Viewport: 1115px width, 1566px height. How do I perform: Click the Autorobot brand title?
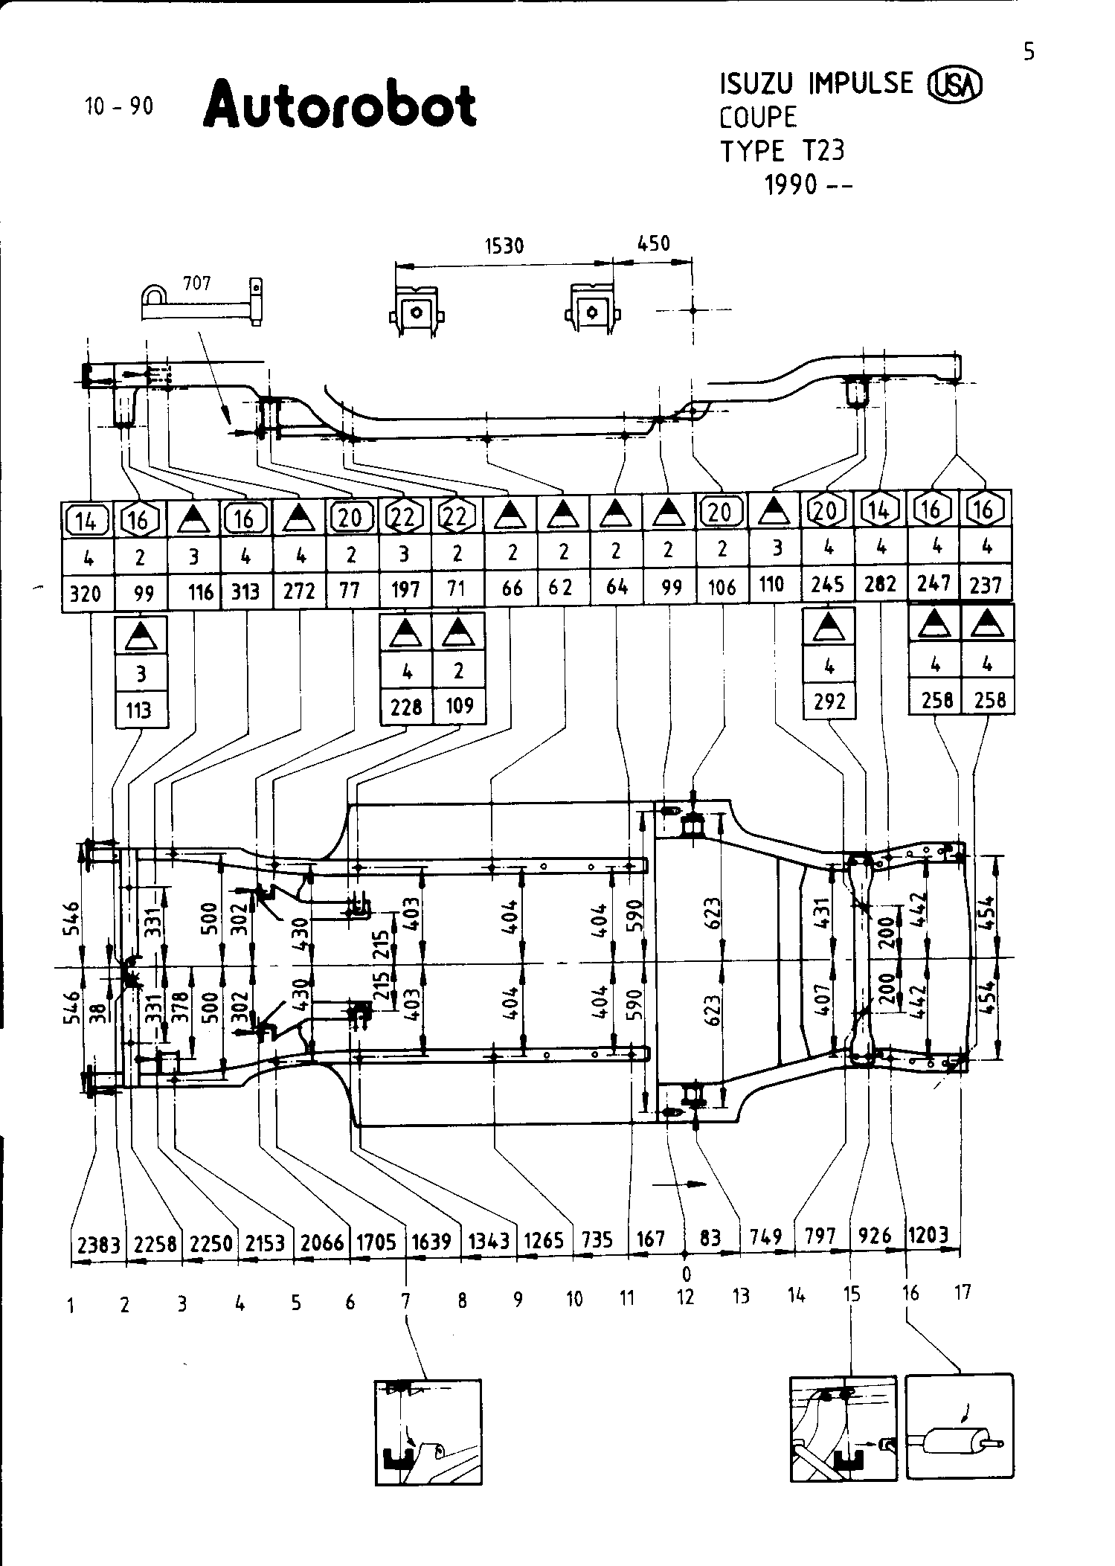(x=339, y=106)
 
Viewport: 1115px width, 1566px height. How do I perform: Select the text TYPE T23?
(x=782, y=151)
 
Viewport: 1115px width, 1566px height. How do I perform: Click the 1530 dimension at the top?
(x=504, y=246)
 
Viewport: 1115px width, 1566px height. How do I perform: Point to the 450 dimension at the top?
(x=654, y=243)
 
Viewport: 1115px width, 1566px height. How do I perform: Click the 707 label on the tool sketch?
(x=196, y=283)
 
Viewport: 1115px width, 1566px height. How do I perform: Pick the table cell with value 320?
(x=87, y=594)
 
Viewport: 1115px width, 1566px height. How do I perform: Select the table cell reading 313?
(x=245, y=591)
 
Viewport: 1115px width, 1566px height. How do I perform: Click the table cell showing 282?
(x=880, y=584)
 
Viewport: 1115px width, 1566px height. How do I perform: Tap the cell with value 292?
(x=829, y=701)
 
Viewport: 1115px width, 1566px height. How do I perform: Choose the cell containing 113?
(x=139, y=710)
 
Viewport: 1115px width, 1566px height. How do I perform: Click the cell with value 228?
(x=406, y=706)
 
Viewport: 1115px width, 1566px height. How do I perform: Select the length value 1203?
(x=928, y=1235)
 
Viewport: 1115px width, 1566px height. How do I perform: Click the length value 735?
(x=597, y=1239)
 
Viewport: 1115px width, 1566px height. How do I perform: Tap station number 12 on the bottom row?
(x=685, y=1297)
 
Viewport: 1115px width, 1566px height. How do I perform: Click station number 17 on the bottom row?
(x=963, y=1292)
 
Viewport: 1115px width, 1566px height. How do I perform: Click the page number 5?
(x=1029, y=51)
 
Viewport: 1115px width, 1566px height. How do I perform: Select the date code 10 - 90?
(x=119, y=106)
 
